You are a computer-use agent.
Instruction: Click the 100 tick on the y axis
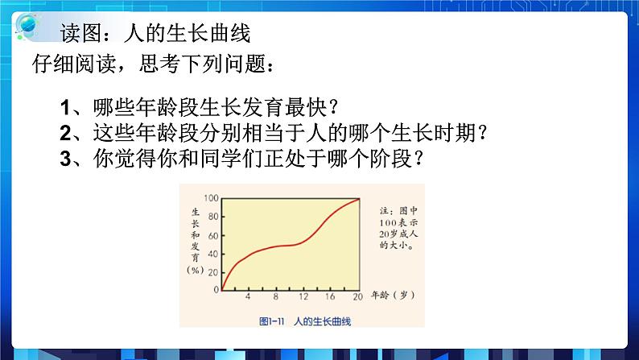tap(211, 198)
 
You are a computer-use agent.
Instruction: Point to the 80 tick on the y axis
tap(213, 217)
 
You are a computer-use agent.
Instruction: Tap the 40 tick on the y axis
tap(213, 253)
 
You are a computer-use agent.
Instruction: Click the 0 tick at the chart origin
tap(216, 289)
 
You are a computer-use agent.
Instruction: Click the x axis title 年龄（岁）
tap(395, 296)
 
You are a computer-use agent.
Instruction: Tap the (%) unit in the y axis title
tap(196, 270)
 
